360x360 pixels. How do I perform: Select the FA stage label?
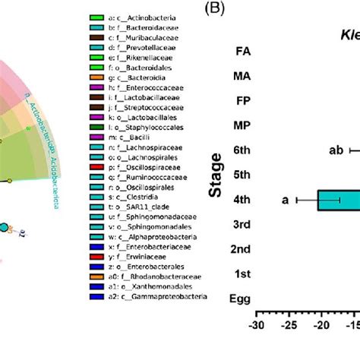click(x=244, y=52)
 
